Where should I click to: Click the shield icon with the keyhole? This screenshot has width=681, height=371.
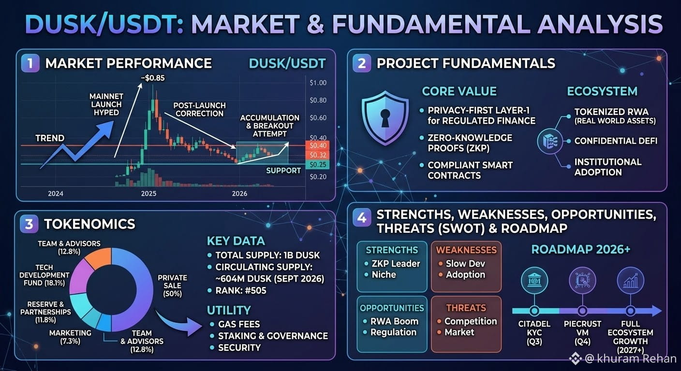click(385, 118)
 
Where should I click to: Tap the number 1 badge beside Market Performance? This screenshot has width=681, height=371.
click(30, 63)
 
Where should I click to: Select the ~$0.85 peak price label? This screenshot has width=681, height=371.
click(153, 78)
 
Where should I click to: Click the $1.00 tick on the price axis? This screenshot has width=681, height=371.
click(318, 83)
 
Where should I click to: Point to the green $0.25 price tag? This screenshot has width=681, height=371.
click(317, 165)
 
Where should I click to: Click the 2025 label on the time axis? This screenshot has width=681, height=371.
click(148, 193)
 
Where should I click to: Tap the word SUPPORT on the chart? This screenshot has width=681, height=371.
click(283, 171)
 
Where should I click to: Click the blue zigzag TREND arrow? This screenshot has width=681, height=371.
click(76, 144)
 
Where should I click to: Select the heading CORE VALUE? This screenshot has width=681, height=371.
click(459, 91)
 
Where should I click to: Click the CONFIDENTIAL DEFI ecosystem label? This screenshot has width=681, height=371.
click(616, 141)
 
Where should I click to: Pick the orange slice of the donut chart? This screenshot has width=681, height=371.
click(98, 258)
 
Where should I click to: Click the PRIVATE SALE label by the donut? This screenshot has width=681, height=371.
click(172, 285)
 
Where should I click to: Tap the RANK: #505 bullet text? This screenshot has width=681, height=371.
click(240, 290)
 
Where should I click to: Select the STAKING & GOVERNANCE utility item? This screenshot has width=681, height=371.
click(273, 336)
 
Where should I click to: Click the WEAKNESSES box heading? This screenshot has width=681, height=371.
click(466, 250)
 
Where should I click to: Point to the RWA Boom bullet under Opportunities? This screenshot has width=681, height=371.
click(394, 321)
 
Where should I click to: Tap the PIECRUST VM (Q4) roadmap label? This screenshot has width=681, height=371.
click(582, 333)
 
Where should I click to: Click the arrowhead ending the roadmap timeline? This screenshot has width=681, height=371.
click(655, 311)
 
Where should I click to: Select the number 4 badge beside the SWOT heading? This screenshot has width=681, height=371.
click(361, 217)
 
